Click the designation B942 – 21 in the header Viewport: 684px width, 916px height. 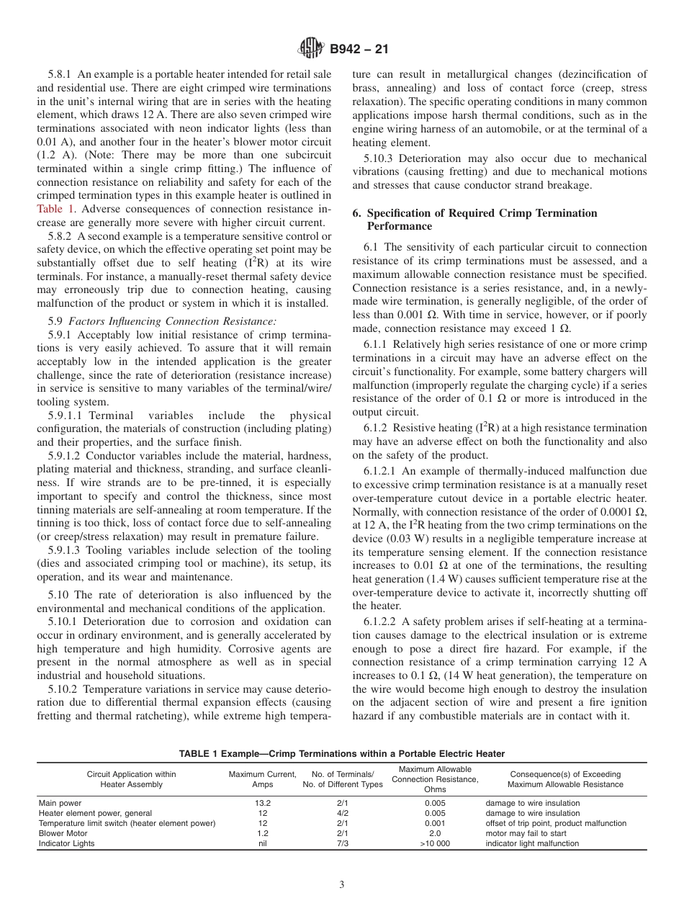[358, 50]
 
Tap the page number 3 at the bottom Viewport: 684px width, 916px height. [342, 885]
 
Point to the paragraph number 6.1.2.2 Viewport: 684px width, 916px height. [382, 621]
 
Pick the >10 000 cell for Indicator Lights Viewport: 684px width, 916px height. [434, 843]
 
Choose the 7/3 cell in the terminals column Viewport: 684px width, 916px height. [342, 843]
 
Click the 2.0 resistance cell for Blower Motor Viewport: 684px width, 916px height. [434, 833]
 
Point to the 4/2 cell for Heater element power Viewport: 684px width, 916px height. [342, 813]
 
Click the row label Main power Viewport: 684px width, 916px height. [60, 803]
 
